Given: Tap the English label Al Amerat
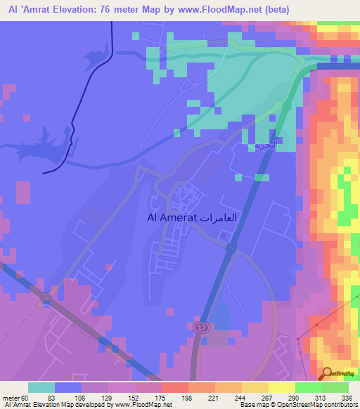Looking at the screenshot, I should click(x=172, y=218).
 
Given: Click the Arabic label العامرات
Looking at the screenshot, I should click(x=219, y=218).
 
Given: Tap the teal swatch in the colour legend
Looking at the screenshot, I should click(x=41, y=388).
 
